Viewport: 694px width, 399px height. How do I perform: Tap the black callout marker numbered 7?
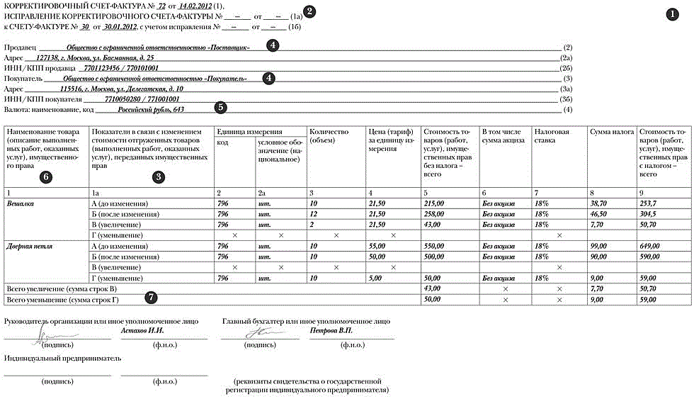151,298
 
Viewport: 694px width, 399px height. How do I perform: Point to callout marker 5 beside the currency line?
221,108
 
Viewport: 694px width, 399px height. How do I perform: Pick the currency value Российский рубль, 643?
150,110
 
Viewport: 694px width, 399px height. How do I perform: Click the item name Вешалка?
21,203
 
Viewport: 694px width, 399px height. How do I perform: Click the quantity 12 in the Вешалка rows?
314,213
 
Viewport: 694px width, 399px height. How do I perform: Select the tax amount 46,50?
599,213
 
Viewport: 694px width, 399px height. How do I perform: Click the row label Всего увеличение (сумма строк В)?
62,289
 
